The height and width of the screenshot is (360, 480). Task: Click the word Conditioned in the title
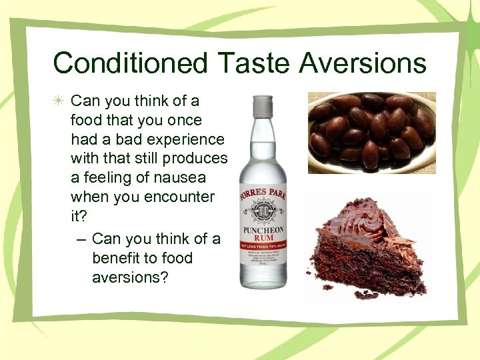click(x=130, y=63)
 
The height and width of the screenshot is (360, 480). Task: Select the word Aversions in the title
click(x=363, y=63)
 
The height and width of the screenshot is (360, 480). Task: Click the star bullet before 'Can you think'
click(x=60, y=101)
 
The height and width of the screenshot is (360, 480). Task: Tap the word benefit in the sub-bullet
click(x=119, y=258)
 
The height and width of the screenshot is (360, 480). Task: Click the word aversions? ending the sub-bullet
click(x=131, y=277)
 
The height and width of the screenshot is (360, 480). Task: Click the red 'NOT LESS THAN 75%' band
click(x=263, y=245)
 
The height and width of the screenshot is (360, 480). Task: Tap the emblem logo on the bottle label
click(x=263, y=208)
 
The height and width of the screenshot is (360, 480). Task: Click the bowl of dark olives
click(x=371, y=132)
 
